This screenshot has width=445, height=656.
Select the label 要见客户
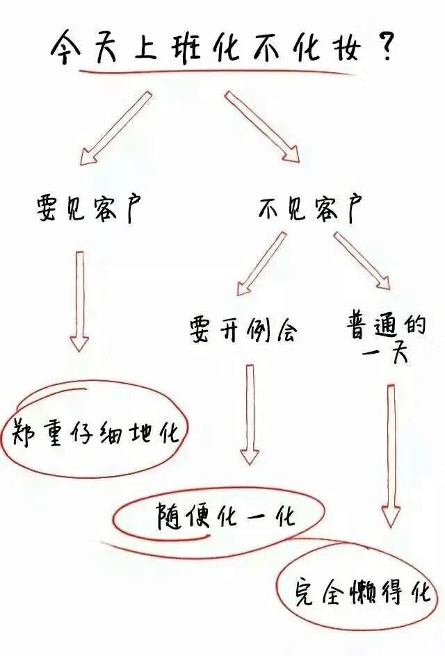coord(88,209)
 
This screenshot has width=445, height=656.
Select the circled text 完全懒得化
coord(362,592)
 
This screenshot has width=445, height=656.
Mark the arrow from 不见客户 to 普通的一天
coord(362,260)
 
